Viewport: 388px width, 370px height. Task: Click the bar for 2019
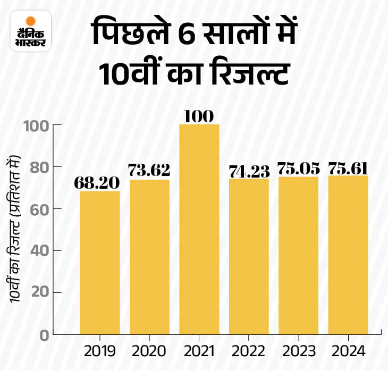pyautogui.click(x=100, y=262)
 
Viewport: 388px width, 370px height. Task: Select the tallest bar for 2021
pyautogui.click(x=199, y=229)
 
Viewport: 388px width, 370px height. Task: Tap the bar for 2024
pyautogui.click(x=348, y=255)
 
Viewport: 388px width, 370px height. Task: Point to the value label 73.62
pyautogui.click(x=149, y=171)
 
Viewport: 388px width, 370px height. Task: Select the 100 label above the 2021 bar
pyautogui.click(x=199, y=115)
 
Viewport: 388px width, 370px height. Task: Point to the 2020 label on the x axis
pyautogui.click(x=149, y=351)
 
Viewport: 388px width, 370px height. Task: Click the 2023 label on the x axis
pyautogui.click(x=298, y=351)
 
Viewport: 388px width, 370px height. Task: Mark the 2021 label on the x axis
pyautogui.click(x=199, y=351)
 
